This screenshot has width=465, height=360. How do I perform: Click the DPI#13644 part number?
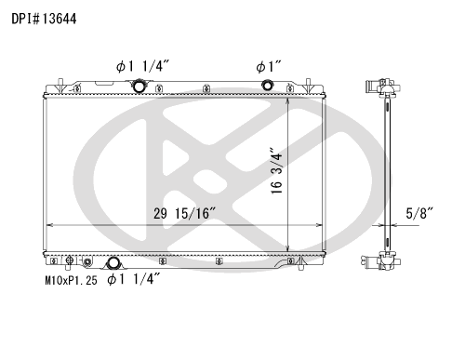pos(44,19)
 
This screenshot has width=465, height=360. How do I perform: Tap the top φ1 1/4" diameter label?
pos(143,66)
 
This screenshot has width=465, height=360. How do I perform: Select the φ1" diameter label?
pos(269,67)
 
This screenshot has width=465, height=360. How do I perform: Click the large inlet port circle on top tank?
pos(139,86)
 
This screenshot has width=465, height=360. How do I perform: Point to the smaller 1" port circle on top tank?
pos(267,85)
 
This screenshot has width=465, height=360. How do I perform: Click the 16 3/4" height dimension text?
pos(276,171)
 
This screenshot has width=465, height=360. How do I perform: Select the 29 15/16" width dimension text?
pos(184,213)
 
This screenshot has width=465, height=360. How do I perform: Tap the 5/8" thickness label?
pos(419,213)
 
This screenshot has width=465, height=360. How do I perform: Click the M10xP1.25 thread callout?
pos(71,281)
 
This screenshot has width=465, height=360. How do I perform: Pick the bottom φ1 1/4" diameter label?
pos(134,279)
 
